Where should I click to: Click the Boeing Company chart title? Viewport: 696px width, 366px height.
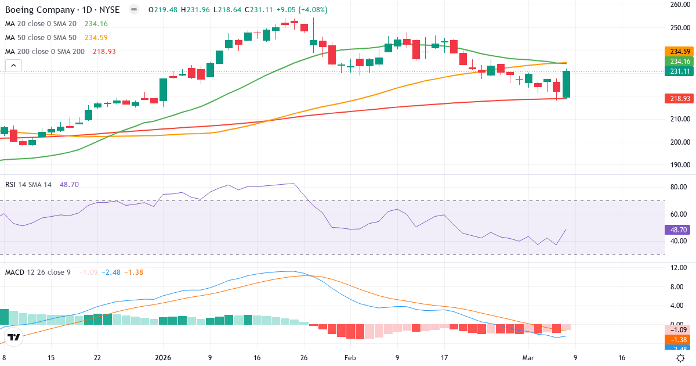63,10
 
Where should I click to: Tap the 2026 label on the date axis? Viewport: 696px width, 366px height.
163,358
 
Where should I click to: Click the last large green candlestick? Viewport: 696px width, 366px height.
566,84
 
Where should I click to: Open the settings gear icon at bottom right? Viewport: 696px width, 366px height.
681,358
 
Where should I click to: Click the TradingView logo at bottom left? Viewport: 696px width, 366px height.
14,338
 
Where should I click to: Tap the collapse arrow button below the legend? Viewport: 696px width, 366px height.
13,66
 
